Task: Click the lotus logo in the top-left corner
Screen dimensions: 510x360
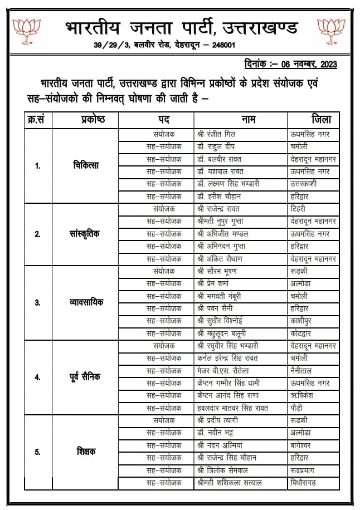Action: click(x=26, y=32)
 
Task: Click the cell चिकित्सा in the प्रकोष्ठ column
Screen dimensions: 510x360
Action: click(x=86, y=165)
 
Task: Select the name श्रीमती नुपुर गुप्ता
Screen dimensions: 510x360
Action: click(x=225, y=221)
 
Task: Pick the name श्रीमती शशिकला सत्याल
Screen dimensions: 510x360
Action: click(x=229, y=482)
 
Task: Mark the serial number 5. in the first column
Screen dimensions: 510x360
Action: click(x=37, y=452)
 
